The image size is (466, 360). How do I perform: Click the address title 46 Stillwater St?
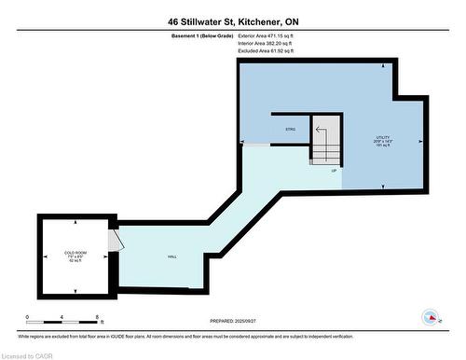[234, 21]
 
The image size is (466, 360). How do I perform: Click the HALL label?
[171, 256]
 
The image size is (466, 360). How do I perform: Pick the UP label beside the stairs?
[333, 171]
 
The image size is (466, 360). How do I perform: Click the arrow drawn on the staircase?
[321, 133]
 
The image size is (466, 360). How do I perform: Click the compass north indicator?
[431, 317]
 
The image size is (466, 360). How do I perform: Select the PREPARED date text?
[233, 321]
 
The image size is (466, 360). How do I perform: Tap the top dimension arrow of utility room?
[384, 67]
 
